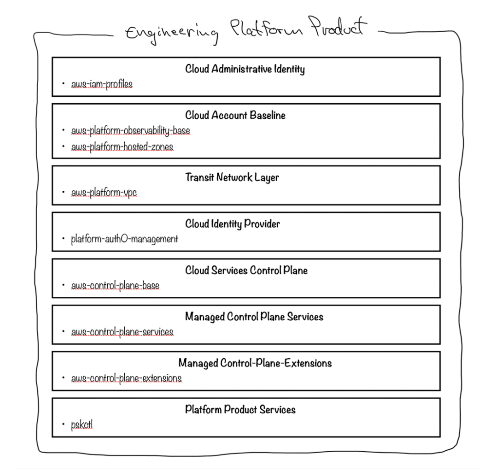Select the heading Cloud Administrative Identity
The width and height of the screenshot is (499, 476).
click(x=245, y=69)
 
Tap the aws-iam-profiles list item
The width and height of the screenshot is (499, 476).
click(x=102, y=84)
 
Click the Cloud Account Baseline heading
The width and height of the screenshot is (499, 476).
click(x=235, y=115)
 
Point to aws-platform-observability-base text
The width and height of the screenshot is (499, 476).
click(x=131, y=131)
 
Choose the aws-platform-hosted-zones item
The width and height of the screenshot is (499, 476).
click(x=122, y=146)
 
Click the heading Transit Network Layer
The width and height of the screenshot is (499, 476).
click(x=232, y=177)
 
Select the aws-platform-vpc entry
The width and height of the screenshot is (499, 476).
click(x=104, y=193)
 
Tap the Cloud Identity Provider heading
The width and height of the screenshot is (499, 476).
click(x=232, y=224)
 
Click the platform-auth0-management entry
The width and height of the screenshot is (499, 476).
click(x=125, y=239)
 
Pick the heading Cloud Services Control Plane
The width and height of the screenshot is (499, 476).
click(x=246, y=270)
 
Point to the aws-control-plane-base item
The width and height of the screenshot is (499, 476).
click(x=115, y=286)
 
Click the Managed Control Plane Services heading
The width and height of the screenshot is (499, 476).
click(x=254, y=317)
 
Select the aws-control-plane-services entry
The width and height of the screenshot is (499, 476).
click(x=122, y=332)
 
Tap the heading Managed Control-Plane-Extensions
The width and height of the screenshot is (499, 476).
click(x=255, y=363)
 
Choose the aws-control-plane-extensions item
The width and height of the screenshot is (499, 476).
click(x=127, y=379)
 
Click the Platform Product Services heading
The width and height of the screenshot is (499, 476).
click(x=240, y=409)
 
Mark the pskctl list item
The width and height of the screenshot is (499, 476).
click(x=82, y=425)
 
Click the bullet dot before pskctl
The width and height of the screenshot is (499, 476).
click(x=63, y=425)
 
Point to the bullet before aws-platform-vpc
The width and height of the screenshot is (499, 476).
click(x=63, y=193)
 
